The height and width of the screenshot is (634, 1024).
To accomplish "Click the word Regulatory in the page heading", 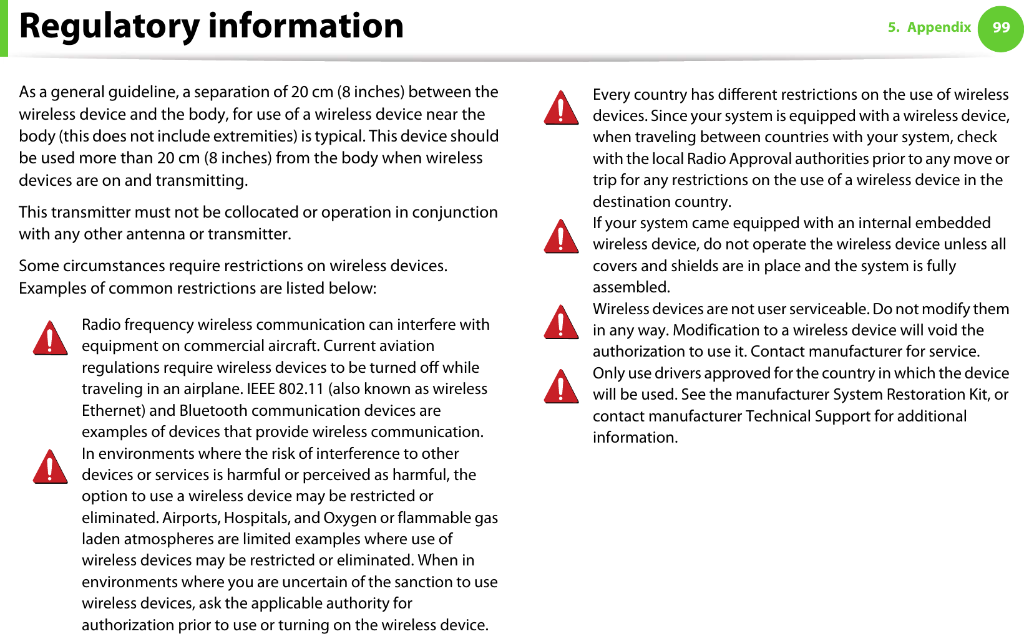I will click(110, 26).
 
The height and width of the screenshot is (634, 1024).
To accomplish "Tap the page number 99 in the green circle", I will click(1001, 27).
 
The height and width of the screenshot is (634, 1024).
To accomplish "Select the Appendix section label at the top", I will click(939, 27).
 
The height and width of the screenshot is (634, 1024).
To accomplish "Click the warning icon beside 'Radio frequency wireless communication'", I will click(51, 339).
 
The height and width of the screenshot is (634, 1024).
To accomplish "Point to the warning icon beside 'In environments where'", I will click(51, 467).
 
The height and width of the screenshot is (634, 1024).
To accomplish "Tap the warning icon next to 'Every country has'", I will click(562, 108).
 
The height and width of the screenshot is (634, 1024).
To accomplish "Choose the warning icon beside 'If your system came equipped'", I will click(562, 236).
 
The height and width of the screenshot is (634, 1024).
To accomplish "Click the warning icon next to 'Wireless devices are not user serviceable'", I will click(562, 322).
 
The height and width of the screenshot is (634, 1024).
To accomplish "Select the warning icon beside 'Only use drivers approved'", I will click(562, 387).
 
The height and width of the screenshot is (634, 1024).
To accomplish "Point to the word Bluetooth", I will click(213, 411).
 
